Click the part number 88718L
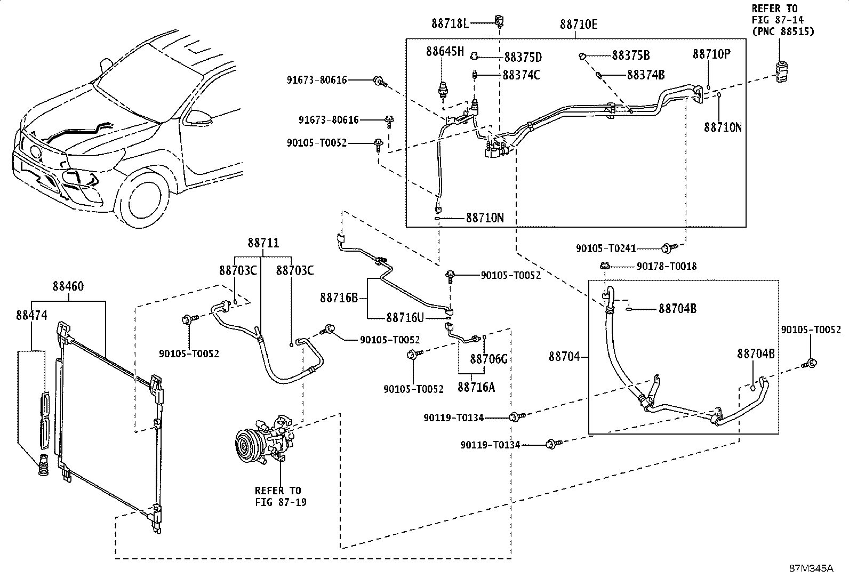pos(450,24)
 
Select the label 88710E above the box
pos(579,24)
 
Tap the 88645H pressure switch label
pos(445,52)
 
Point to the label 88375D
pos(523,57)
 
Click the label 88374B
pos(646,75)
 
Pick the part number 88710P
pos(711,54)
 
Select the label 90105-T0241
pos(606,248)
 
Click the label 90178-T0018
pos(667,267)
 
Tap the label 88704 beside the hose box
pos(564,357)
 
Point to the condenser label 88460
pos(68,286)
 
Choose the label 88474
pos(31,315)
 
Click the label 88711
pos(263,243)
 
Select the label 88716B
pos(339,298)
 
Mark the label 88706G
pos(489,358)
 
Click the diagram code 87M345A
pos(811,568)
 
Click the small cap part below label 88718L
pos(500,21)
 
